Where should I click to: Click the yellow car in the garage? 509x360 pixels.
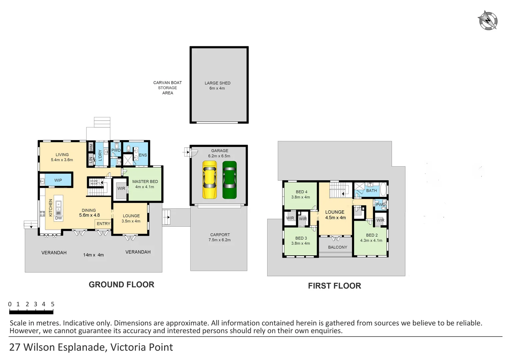pos(210,180)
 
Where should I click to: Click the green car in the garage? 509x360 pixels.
pos(230,180)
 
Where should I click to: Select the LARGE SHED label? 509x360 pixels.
pos(218,83)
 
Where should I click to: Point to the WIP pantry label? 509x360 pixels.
pos(58,180)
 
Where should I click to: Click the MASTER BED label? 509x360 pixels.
pos(145,182)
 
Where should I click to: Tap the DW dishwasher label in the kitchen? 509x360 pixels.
pos(58,218)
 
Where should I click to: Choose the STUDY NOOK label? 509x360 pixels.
pos(94,182)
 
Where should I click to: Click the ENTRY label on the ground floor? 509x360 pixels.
pos(103,224)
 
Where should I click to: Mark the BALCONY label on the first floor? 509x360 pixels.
pos(337,247)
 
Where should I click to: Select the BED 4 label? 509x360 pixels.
pos(301,192)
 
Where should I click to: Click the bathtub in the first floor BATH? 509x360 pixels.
pos(383,189)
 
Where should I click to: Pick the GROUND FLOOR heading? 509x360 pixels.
pos(121,285)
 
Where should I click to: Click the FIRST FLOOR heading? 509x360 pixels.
pos(334,286)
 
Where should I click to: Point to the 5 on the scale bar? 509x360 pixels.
pos(53,304)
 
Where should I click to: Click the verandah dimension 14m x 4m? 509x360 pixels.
pos(93,255)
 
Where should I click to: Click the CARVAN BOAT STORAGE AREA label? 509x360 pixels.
pos(168,88)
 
